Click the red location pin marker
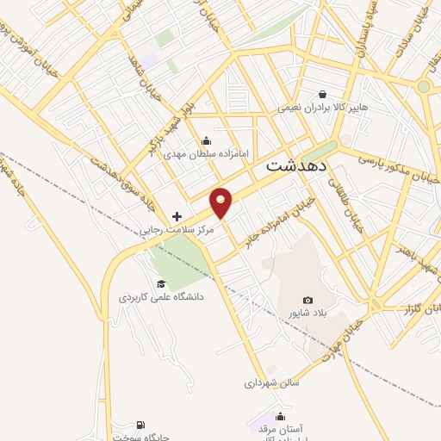(x=222, y=202)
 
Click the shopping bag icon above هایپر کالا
(x=322, y=95)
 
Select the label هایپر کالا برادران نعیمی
(x=321, y=109)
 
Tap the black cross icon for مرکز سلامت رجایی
(x=177, y=216)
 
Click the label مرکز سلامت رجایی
(x=176, y=231)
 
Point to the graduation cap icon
(x=160, y=283)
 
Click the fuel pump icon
(x=140, y=425)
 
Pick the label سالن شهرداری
(x=270, y=382)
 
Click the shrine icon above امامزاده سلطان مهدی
(x=206, y=141)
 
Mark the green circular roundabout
(x=423, y=86)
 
